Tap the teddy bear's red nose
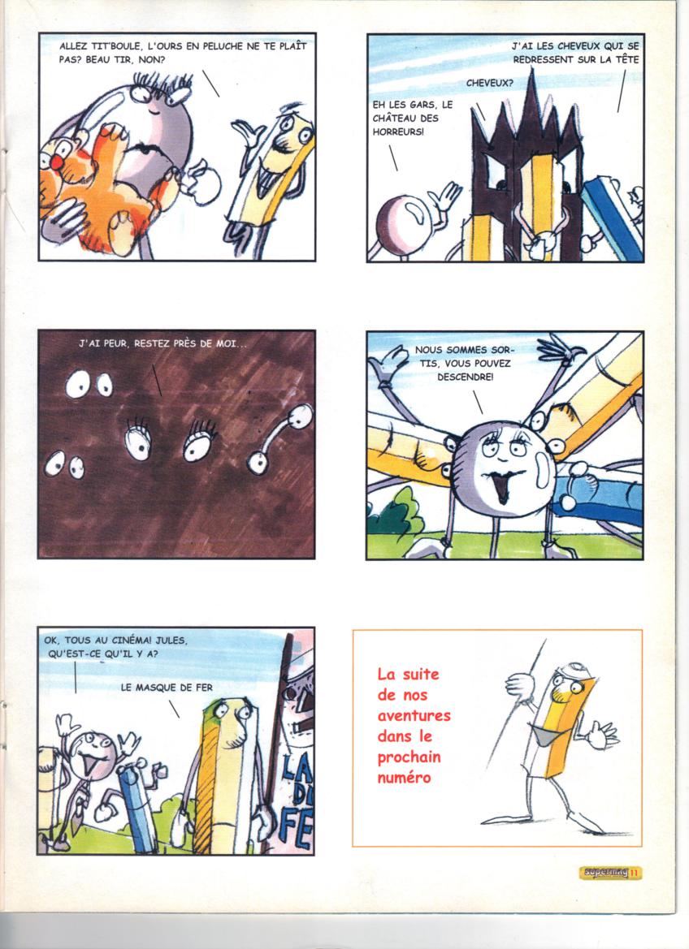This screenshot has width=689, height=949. (x=56, y=162)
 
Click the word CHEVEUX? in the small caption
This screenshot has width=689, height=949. (x=489, y=84)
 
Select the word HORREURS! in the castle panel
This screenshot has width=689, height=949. (x=398, y=132)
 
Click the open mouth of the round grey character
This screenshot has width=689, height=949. (x=501, y=487)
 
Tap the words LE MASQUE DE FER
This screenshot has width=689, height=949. (x=167, y=688)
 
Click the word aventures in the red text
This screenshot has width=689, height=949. (x=414, y=716)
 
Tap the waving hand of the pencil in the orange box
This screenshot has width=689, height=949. (x=601, y=734)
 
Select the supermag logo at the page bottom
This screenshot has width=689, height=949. (x=604, y=873)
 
